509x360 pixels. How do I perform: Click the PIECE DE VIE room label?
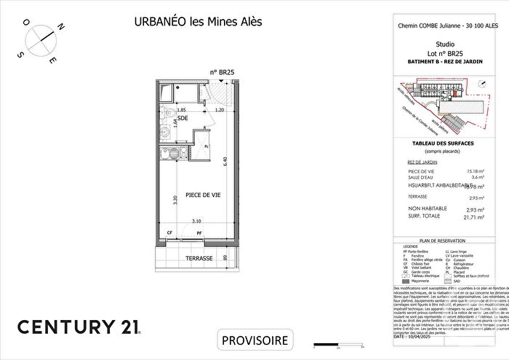tap(203, 195)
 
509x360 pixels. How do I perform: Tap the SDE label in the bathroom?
tap(172, 119)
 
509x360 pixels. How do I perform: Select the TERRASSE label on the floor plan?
tap(199, 258)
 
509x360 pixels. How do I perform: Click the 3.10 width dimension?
tap(196, 222)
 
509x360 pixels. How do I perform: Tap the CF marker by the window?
tap(170, 233)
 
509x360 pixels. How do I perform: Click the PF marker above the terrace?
tap(199, 233)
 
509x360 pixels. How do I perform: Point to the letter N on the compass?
tap(62, 28)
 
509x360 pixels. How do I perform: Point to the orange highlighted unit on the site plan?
tap(456, 92)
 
